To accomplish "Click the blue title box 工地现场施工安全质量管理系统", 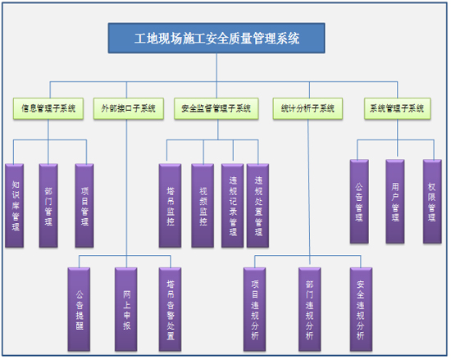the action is tap(216, 39).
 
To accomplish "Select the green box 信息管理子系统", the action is tap(48, 109).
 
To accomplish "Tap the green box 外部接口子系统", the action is tap(128, 109).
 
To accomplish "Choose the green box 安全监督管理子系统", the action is tap(216, 109).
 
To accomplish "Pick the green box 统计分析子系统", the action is tap(307, 109).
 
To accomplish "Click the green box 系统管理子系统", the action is tap(397, 109).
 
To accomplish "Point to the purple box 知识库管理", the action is tap(15, 206).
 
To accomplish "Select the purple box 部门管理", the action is tap(48, 206).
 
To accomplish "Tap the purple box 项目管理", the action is tap(84, 206).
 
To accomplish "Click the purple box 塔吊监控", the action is tap(170, 206).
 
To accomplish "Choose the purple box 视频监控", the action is tap(203, 206).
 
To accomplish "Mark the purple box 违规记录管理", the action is tap(232, 206).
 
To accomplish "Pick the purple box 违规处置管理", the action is tap(258, 206).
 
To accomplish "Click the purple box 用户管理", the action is tap(395, 202).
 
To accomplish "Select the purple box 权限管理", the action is tap(432, 202).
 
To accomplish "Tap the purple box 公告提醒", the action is tap(79, 309).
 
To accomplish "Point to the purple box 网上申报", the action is tap(126, 309).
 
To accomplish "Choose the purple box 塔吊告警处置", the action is tap(170, 309).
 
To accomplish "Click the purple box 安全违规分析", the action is tap(361, 309).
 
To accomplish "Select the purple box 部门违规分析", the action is tap(309, 309).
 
